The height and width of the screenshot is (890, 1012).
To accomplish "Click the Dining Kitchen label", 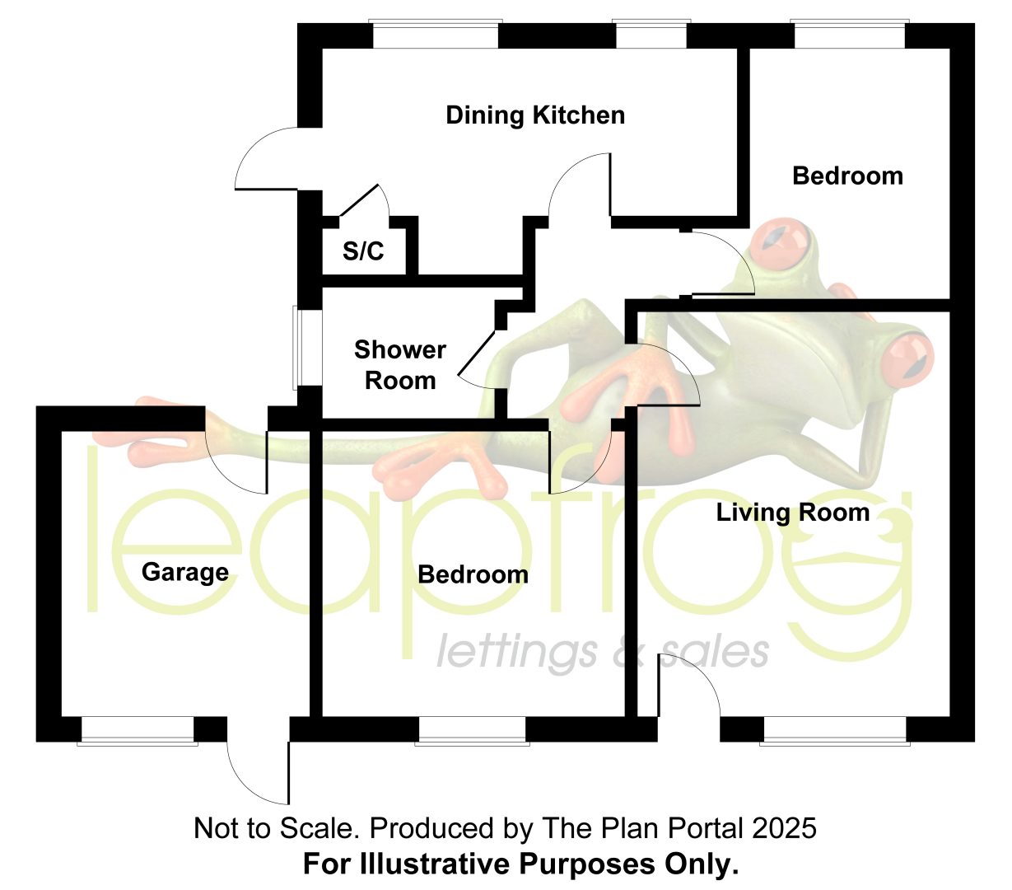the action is (535, 115).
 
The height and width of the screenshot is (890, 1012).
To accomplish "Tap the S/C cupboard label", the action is (363, 251).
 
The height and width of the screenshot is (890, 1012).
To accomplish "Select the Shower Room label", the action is (400, 365).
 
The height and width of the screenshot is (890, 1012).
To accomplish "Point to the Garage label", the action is (185, 573).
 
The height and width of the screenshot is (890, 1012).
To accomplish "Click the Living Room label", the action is (793, 513).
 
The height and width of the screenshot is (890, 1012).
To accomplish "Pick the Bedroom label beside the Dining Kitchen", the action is (847, 176).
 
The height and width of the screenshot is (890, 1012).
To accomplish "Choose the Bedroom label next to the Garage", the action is (473, 574).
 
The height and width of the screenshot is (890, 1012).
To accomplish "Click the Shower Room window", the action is (296, 348).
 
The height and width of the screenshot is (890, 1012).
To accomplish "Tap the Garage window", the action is (138, 730).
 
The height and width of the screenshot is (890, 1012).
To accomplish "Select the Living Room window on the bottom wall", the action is (835, 730).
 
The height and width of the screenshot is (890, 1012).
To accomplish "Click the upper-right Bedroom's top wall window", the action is (849, 34).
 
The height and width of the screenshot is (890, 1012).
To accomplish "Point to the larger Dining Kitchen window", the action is (436, 34).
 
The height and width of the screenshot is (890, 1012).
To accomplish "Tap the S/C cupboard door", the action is (359, 200).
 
